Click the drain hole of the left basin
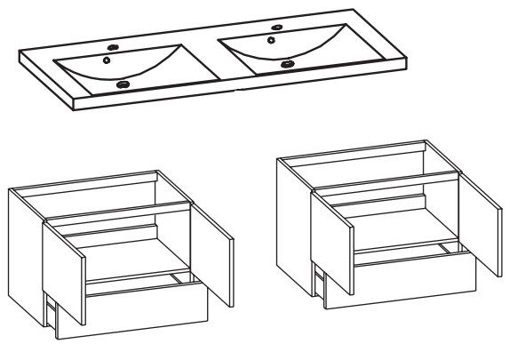click(123, 84)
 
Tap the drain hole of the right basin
click(286, 64)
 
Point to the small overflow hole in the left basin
click(107, 60)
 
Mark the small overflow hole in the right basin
click(271, 40)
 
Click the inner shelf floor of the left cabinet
click(133, 268)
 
